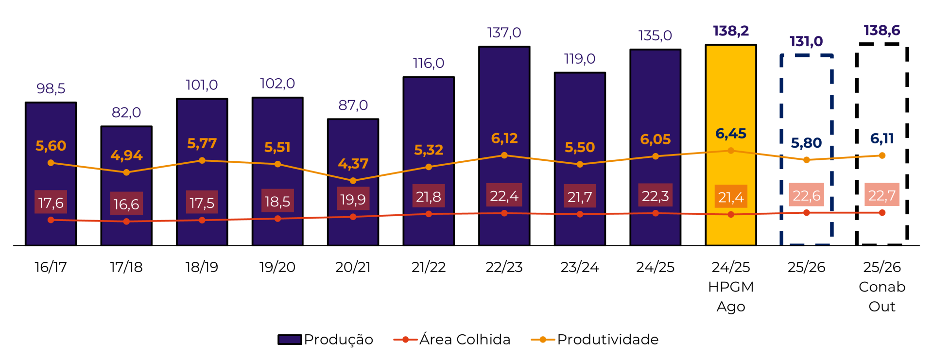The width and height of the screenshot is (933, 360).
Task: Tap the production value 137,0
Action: [x=504, y=33]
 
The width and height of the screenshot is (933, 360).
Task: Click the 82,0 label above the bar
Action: [x=126, y=112]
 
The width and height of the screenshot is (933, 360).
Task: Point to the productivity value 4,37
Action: [x=353, y=164]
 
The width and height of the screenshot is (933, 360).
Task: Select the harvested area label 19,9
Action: [x=353, y=199]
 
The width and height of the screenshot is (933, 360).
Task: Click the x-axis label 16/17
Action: [x=51, y=267]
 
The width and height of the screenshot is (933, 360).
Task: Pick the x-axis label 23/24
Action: [x=579, y=267]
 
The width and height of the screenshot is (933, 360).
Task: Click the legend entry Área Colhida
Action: [x=452, y=339]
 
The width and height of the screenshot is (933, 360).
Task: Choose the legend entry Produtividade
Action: [x=595, y=339]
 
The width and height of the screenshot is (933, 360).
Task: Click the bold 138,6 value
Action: [x=881, y=31]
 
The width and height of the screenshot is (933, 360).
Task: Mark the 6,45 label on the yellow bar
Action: [x=730, y=134]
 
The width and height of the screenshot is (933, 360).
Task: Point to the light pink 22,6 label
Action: [x=806, y=195]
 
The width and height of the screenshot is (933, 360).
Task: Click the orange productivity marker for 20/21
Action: [x=353, y=181]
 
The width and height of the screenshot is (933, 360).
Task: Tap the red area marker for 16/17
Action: [x=51, y=220]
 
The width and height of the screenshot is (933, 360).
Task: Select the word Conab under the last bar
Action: [x=881, y=287]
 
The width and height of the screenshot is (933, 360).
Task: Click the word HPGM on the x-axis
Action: [x=730, y=287]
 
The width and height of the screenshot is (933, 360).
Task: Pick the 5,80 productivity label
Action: [x=806, y=143]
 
